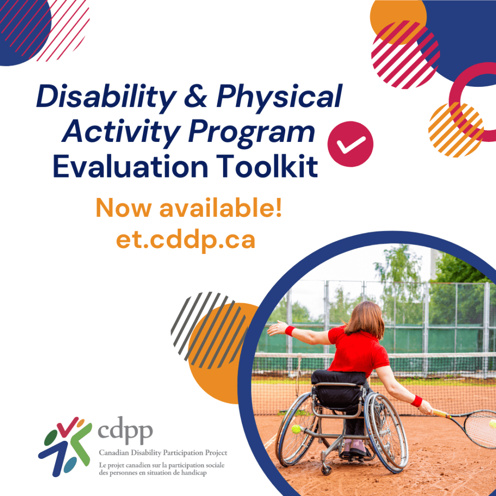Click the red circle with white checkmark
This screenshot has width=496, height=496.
pyautogui.click(x=350, y=144)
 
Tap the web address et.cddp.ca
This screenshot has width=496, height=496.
pyautogui.click(x=186, y=240)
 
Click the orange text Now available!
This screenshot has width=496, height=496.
pyautogui.click(x=189, y=208)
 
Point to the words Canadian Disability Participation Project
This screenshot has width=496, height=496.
pyautogui.click(x=163, y=453)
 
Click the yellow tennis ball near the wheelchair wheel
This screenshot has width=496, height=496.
pyautogui.click(x=296, y=429)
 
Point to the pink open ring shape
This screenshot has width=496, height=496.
pyautogui.click(x=471, y=94)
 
